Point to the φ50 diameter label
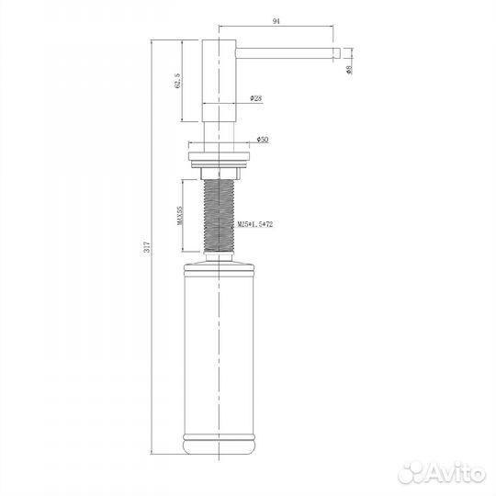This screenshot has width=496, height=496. (x=263, y=140)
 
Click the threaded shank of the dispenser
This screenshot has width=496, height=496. (x=219, y=216)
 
